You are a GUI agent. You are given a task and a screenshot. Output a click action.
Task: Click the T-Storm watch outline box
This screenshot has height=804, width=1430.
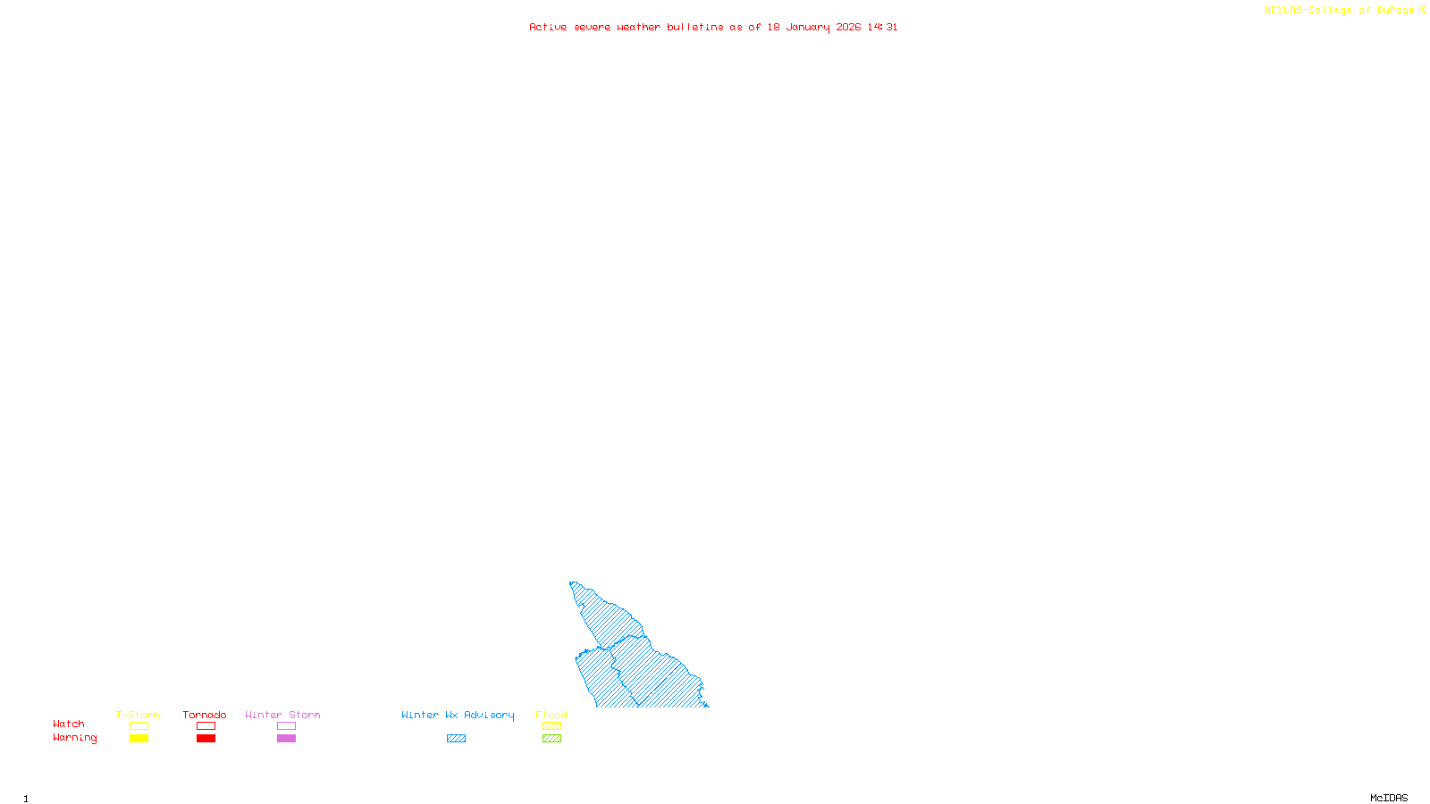tap(139, 726)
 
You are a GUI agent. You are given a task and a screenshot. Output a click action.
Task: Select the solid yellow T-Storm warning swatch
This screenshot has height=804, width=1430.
tap(139, 739)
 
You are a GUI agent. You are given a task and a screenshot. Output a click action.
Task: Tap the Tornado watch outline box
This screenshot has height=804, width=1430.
tap(206, 726)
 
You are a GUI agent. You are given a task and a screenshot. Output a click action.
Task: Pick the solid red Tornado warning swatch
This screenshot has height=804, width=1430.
tap(206, 739)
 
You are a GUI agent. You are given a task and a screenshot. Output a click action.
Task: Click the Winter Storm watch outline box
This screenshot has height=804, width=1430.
tap(286, 726)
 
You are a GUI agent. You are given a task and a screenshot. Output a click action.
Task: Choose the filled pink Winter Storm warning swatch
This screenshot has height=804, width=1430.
tap(286, 739)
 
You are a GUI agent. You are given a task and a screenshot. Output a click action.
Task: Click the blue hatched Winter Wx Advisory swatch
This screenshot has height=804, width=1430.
tap(456, 739)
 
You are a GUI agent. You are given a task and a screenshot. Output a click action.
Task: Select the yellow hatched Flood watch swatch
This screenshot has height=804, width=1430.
tap(551, 726)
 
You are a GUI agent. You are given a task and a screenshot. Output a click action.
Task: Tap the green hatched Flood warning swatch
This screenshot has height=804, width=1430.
tap(551, 739)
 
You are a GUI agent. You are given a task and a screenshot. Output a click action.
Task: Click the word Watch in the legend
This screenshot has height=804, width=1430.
tap(69, 724)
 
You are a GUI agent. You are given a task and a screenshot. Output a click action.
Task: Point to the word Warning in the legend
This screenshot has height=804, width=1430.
tap(74, 738)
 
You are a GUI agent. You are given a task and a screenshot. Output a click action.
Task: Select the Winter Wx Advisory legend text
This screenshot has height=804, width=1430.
tap(458, 715)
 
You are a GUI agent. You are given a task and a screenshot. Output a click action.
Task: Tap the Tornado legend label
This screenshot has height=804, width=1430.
tap(205, 715)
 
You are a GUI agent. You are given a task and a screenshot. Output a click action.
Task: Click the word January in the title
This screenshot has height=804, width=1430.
tap(808, 28)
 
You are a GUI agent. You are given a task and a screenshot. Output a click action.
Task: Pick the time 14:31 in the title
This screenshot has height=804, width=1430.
tap(882, 28)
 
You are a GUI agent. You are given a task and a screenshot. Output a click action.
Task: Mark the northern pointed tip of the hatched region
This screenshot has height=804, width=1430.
tap(571, 583)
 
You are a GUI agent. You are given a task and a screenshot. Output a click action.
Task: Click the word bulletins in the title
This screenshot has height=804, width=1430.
tap(695, 28)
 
